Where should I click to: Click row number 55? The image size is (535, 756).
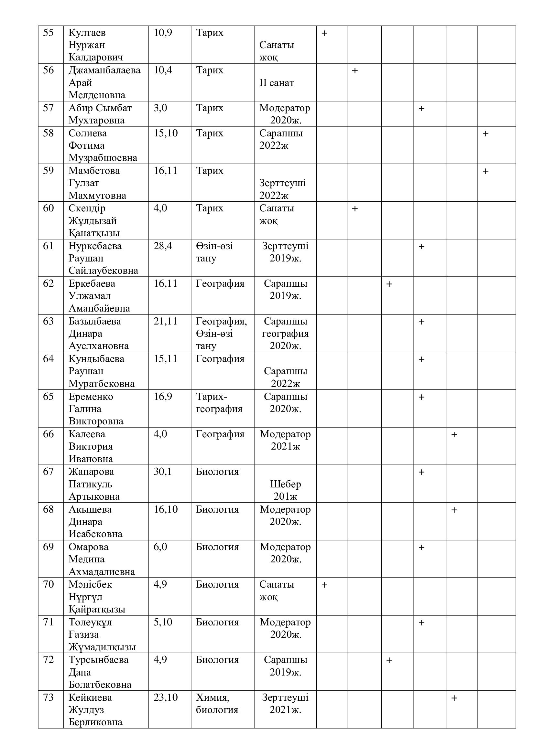coord(48,33)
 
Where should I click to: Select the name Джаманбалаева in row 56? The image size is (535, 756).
coord(104,70)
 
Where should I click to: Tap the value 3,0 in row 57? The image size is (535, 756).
coord(160,108)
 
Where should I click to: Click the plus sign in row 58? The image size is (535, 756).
coord(485,134)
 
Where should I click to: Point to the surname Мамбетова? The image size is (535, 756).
coord(94,171)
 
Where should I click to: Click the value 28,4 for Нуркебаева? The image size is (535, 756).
coord(163,246)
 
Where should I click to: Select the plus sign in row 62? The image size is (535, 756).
coord(389,284)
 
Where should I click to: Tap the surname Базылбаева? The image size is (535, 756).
coord(94,321)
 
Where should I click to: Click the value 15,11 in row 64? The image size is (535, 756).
coord(165,359)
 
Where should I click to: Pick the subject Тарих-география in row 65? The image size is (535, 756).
coord(219,403)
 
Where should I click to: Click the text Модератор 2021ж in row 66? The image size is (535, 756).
coord(285,440)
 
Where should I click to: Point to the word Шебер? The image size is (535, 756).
coord(285,484)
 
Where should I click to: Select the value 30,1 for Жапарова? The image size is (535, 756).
coord(162,472)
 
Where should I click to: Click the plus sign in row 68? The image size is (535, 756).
coord(454,510)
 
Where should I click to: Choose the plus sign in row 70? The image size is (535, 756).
coord(324,585)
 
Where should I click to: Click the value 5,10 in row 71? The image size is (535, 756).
coord(163,622)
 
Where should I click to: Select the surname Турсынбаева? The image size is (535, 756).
coord(98,660)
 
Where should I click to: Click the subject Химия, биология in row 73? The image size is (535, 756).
coord(217,704)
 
